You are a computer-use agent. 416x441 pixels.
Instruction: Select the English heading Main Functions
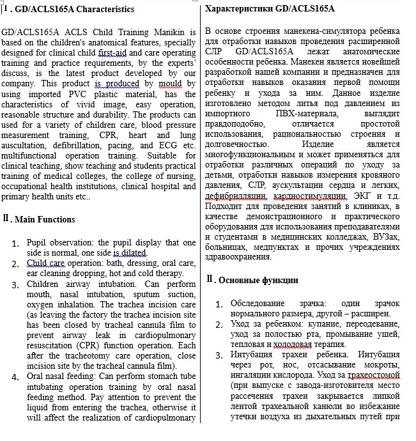click(45, 219)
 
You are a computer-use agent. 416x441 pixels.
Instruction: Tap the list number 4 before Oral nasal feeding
click(15, 376)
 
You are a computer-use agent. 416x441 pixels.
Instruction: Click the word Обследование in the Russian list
click(260, 304)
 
